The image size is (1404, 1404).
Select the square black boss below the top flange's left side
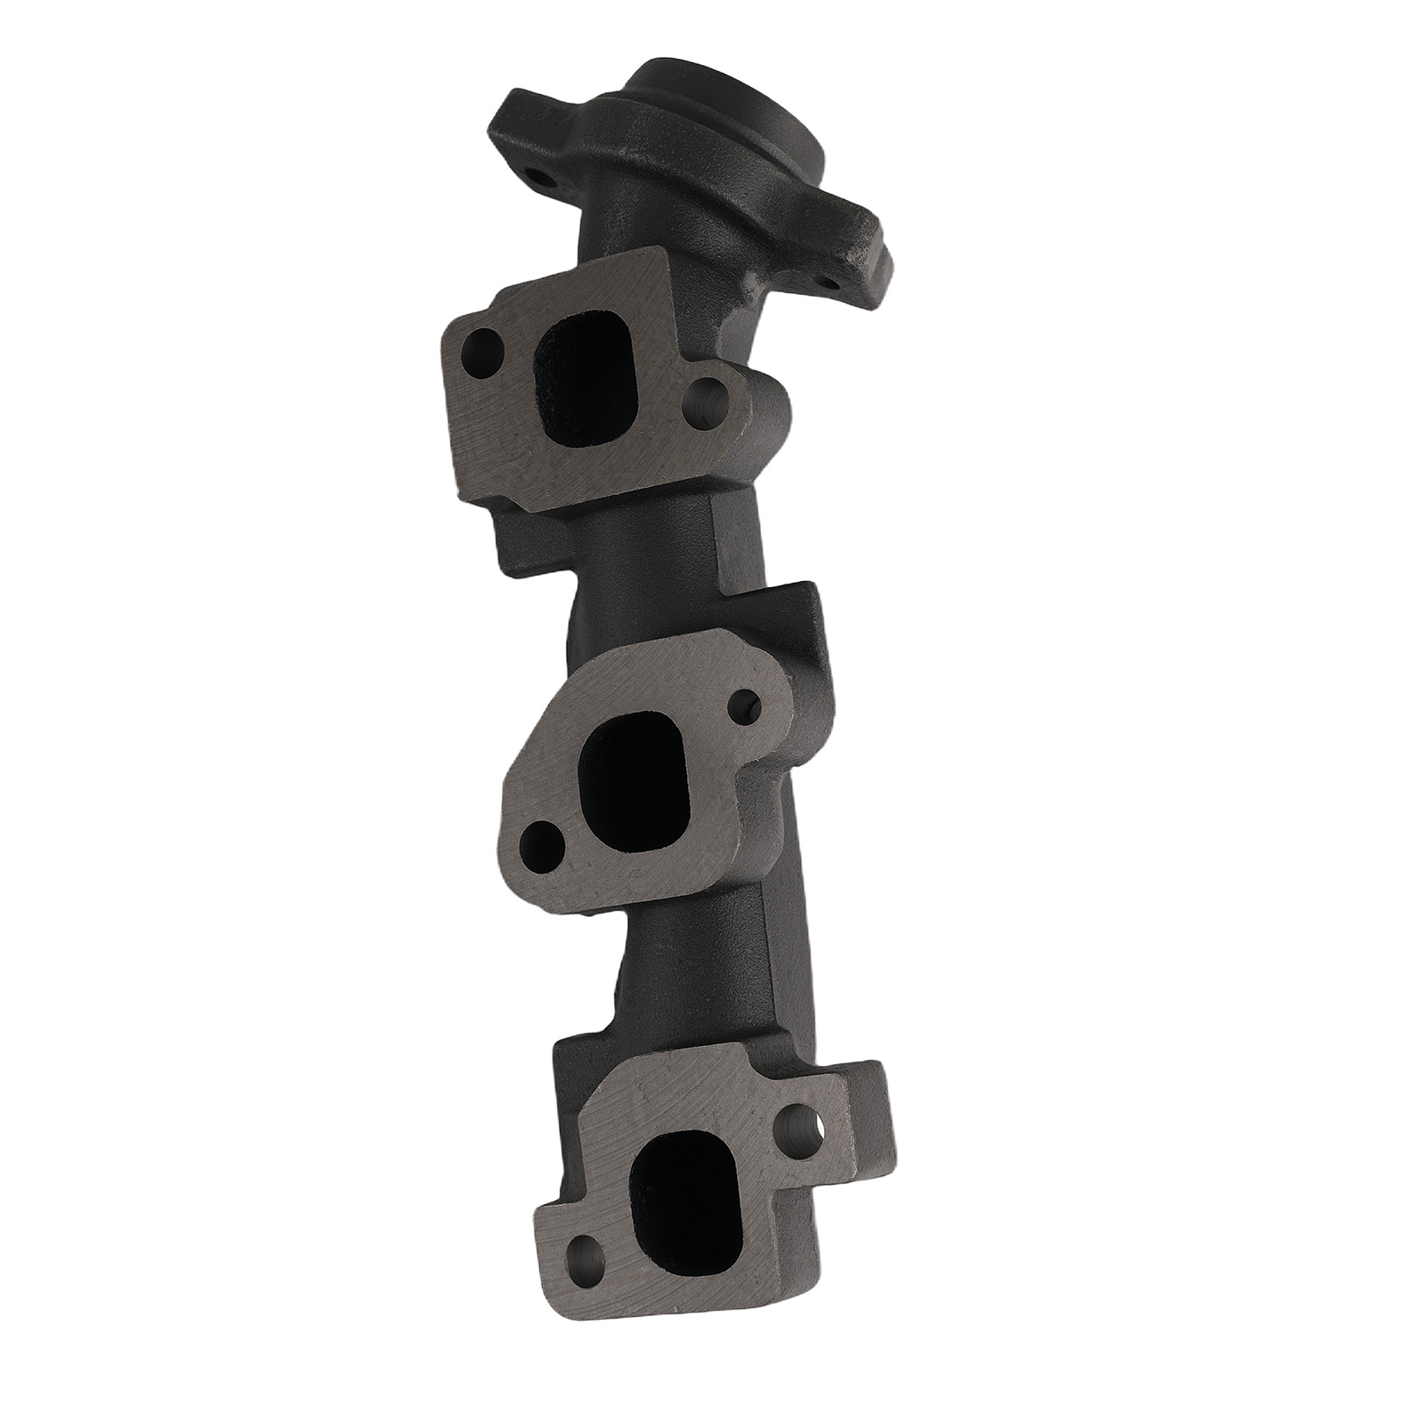click(526, 540)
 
